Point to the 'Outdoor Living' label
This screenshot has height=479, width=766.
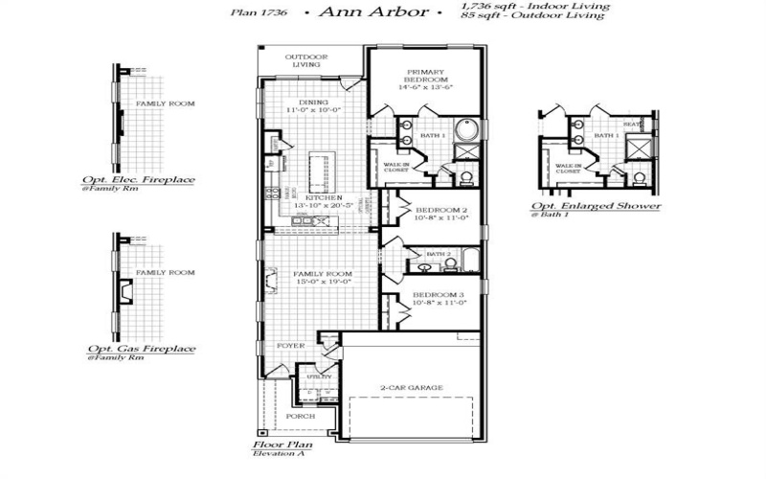(x=307, y=60)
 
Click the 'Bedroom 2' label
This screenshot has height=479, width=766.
(x=439, y=210)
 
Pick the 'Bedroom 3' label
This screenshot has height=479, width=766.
(x=439, y=294)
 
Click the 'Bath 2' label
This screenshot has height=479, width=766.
(x=439, y=254)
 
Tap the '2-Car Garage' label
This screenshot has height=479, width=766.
(x=411, y=388)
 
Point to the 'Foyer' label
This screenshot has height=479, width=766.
(x=290, y=345)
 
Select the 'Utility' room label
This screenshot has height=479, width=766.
(x=319, y=376)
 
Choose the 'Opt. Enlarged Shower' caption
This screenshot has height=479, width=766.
(x=596, y=206)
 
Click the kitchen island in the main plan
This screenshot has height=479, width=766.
(x=318, y=173)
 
